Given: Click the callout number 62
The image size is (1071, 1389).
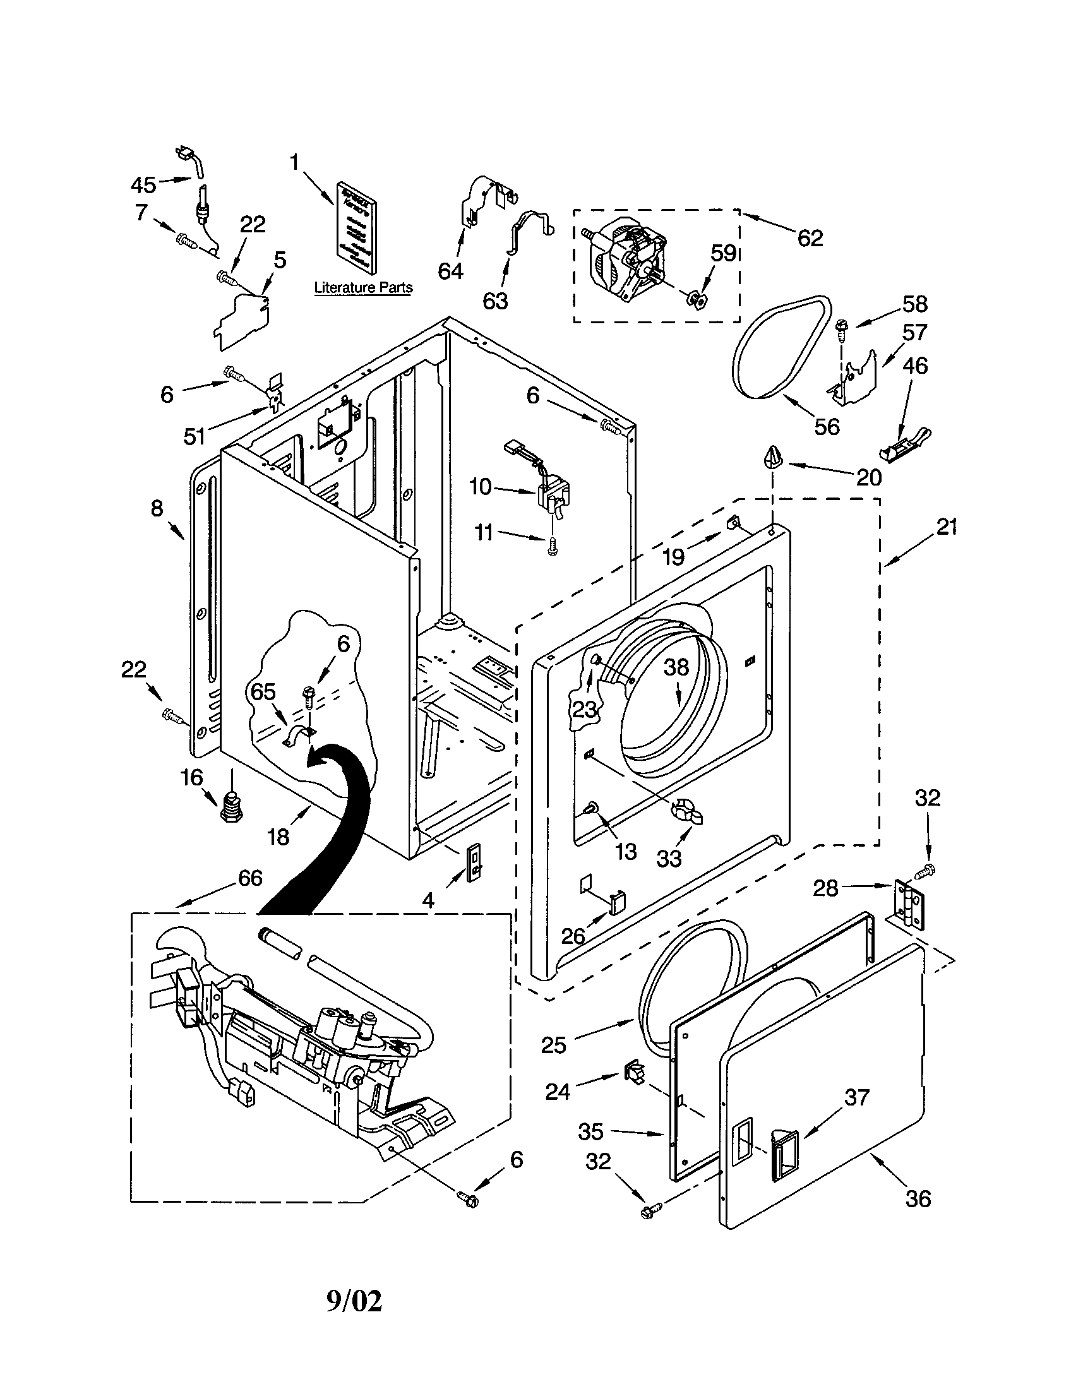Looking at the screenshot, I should tap(810, 238).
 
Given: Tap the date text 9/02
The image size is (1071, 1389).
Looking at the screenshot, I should tap(354, 1302).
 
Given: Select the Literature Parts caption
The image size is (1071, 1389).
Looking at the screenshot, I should tap(363, 287).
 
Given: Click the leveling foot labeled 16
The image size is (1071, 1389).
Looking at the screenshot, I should tap(232, 807).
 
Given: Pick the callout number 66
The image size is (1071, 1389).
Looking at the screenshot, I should tap(250, 878).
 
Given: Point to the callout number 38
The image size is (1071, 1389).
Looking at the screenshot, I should tap(676, 667).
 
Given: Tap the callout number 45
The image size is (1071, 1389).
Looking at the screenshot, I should tap(143, 185).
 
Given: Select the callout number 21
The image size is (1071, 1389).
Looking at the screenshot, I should tap(947, 527).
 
